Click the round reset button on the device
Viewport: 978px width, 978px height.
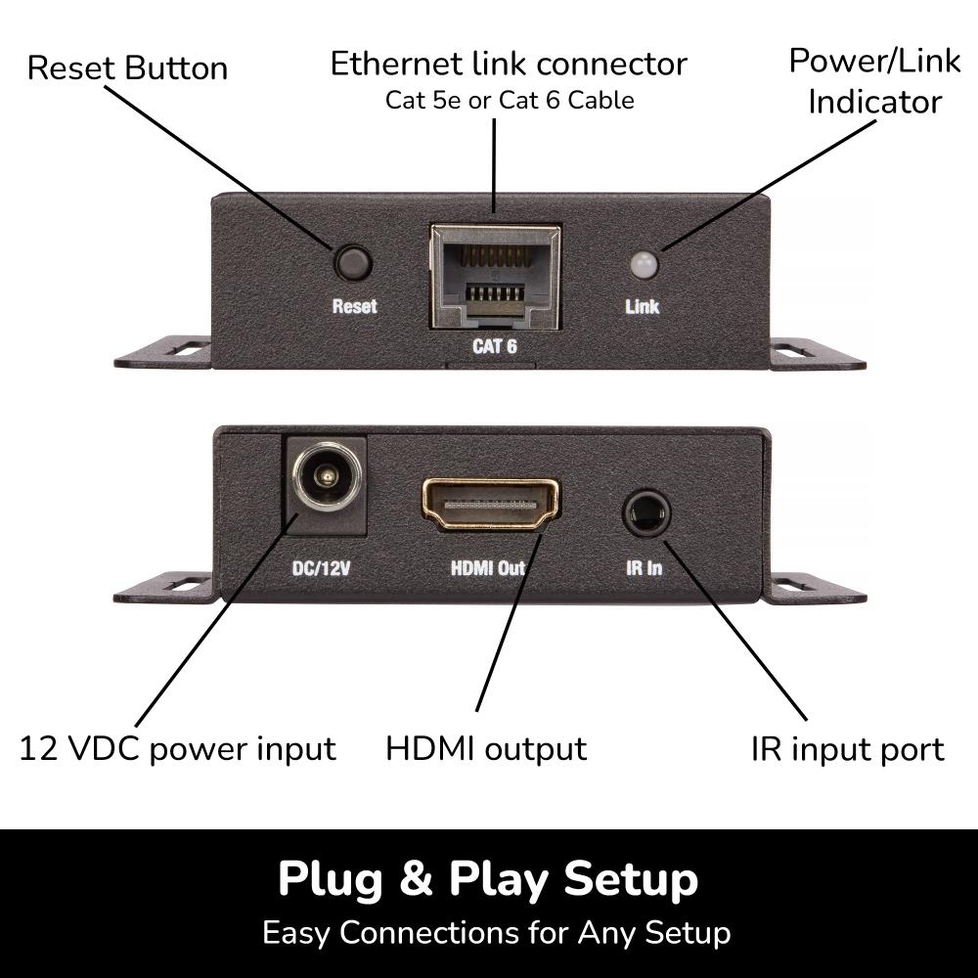coord(353,262)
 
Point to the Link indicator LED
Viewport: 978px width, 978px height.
coord(643,263)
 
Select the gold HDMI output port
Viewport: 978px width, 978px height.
coord(489,505)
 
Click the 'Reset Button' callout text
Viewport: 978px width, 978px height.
coord(127,68)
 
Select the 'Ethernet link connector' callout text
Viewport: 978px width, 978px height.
coord(509,64)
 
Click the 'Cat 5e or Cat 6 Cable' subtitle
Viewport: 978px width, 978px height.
coord(509,100)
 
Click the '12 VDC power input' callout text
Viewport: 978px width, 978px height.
coord(177,749)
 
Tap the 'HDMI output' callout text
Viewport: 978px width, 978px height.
coord(486,749)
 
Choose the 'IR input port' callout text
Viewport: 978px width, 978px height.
coord(847,749)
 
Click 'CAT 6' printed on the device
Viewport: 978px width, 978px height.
coord(495,345)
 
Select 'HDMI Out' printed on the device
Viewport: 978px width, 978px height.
coord(488,567)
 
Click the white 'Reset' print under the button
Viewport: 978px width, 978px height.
coord(354,306)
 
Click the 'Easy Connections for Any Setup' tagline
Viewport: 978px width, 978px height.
coord(496,932)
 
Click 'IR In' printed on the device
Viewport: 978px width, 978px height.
coord(645,567)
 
